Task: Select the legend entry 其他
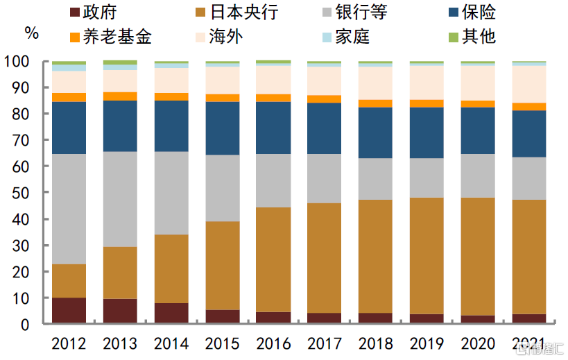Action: tap(477, 36)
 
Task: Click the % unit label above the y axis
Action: tap(32, 32)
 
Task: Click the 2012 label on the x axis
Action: tap(69, 343)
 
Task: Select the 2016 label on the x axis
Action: tap(273, 343)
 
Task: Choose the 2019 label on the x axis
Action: tap(427, 343)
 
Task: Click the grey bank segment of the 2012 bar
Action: tap(69, 209)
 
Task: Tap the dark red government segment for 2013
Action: tap(120, 311)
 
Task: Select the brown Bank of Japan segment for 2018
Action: tap(375, 256)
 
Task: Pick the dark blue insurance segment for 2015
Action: tap(222, 128)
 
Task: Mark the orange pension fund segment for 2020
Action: tap(478, 104)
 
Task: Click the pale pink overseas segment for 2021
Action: tap(528, 84)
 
